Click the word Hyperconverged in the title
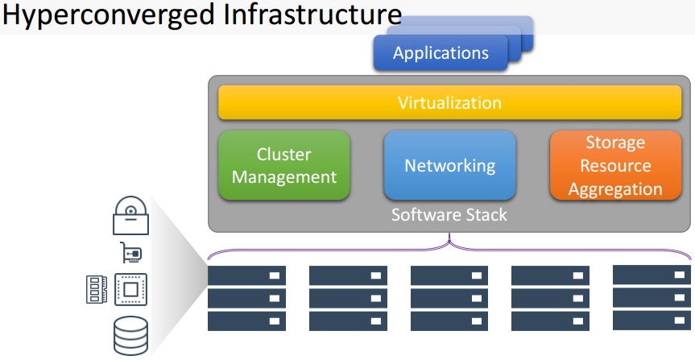tap(109, 16)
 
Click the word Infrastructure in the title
tap(312, 14)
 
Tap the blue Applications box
tap(441, 53)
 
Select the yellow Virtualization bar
tap(449, 103)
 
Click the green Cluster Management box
tap(284, 165)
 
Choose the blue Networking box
tap(450, 165)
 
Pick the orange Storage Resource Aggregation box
tap(615, 165)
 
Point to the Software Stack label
tap(449, 215)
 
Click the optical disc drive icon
tap(130, 216)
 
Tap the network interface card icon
tap(131, 253)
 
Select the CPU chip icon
tap(130, 289)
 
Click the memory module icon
tap(96, 289)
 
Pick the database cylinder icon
tap(130, 336)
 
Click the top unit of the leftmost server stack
tap(246, 275)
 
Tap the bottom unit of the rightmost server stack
tap(652, 320)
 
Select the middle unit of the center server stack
tap(449, 298)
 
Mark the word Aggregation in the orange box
tap(615, 189)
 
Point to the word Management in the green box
tap(284, 177)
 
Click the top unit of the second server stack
tap(348, 275)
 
